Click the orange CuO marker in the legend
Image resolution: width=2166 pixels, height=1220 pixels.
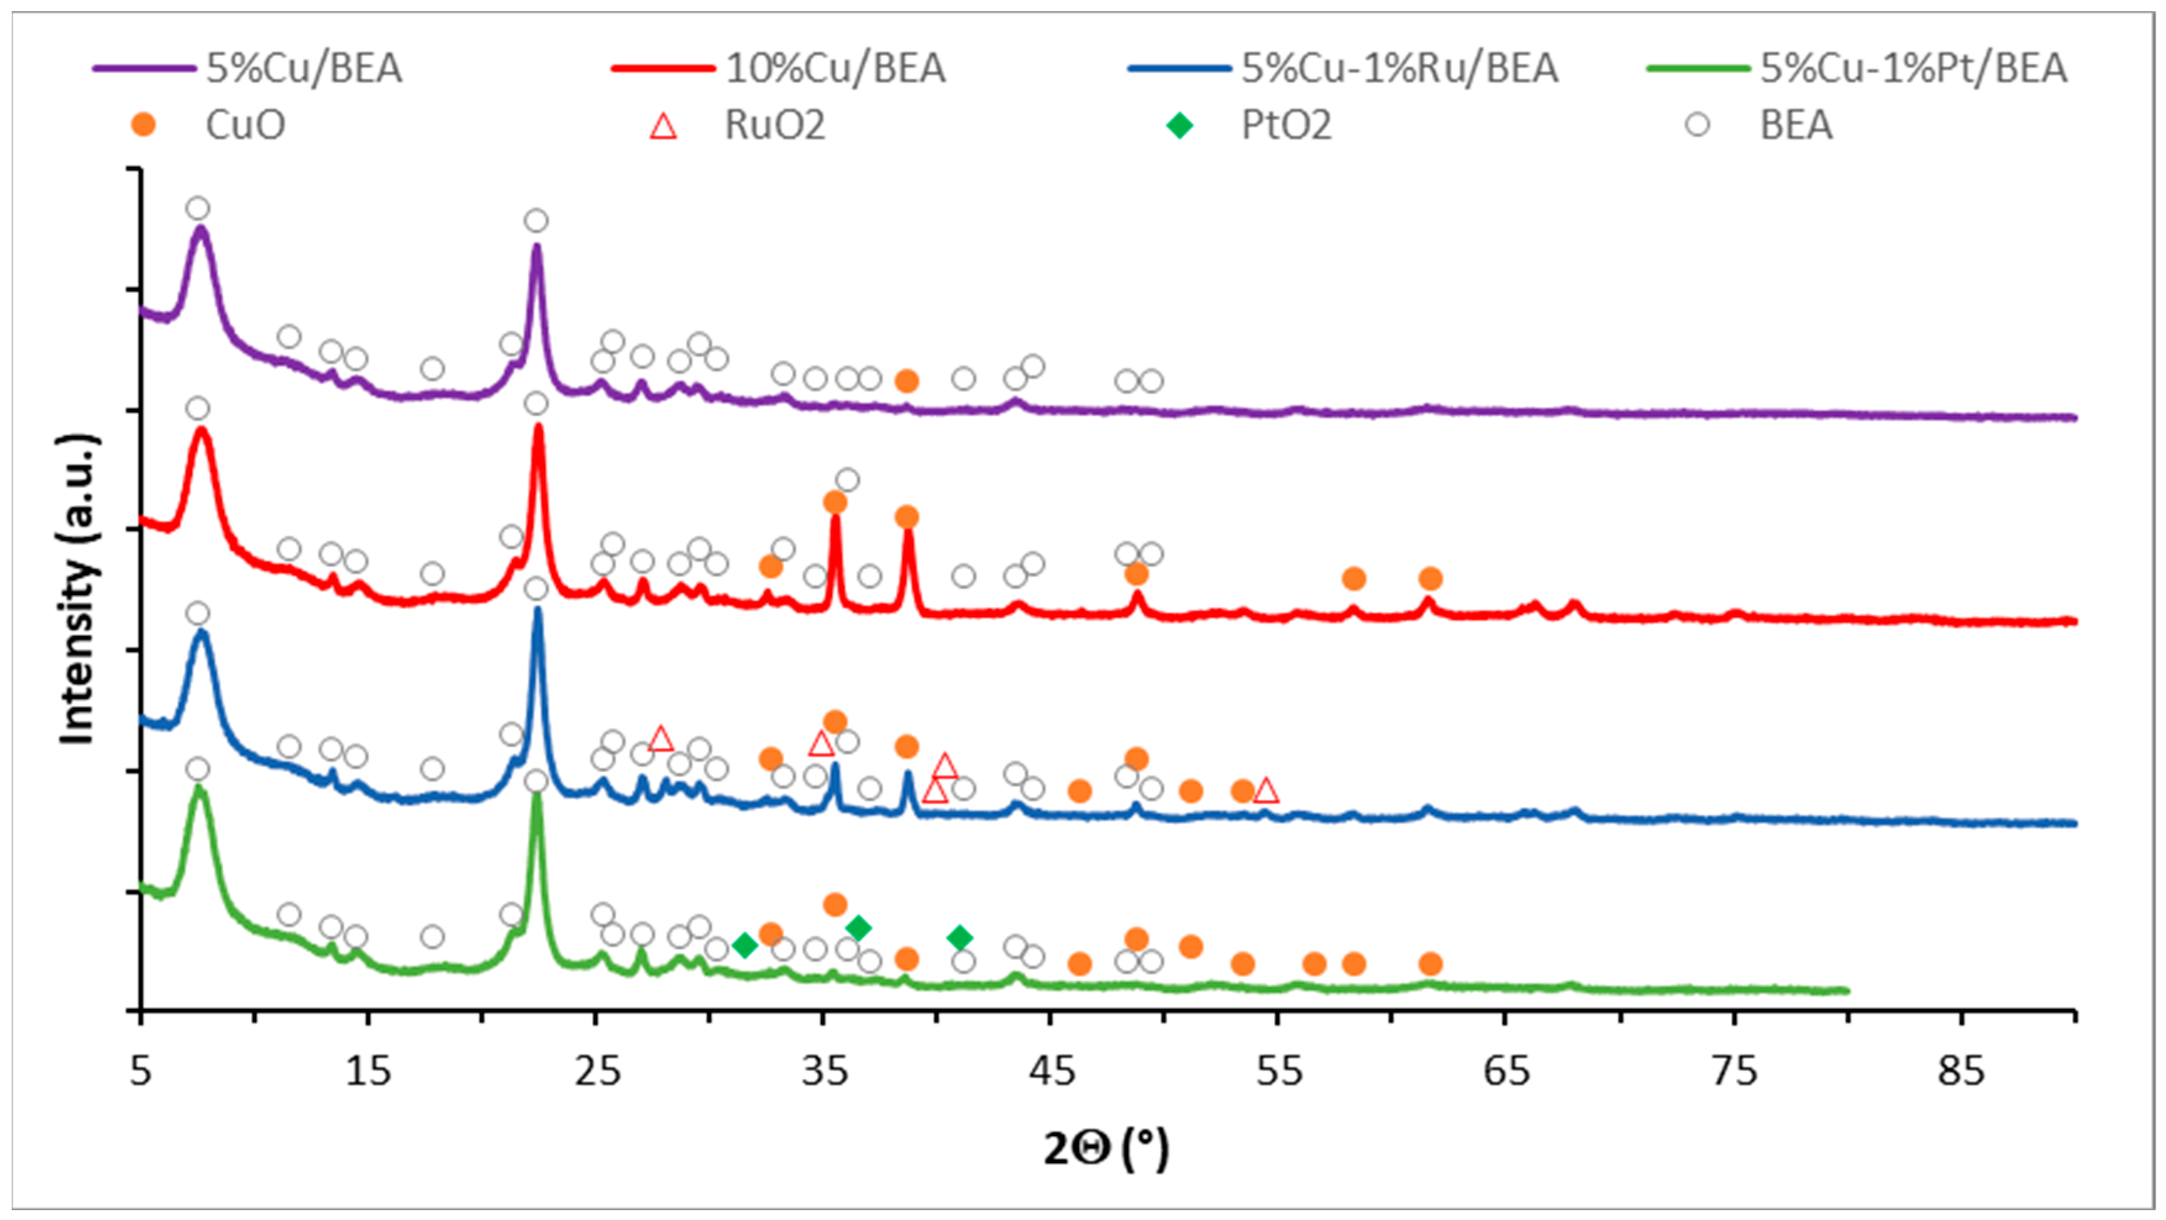[144, 126]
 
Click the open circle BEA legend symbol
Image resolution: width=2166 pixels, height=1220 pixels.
[1698, 126]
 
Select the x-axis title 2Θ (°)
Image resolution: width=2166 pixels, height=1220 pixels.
[1106, 1148]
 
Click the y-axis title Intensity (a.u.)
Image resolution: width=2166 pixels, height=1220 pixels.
[77, 588]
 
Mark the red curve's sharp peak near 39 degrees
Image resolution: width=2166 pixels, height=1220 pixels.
[907, 533]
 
